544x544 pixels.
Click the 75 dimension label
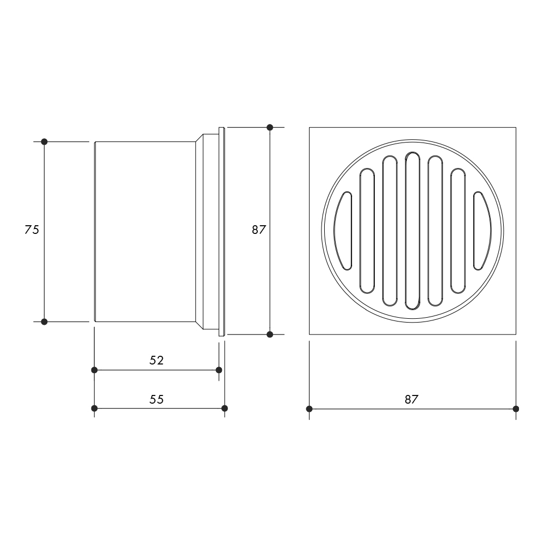(x=32, y=230)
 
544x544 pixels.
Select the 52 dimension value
(x=157, y=361)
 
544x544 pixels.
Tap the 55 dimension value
(x=157, y=399)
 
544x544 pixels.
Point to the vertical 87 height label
(x=259, y=230)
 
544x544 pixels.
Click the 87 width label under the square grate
(x=411, y=400)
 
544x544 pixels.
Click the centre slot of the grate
(x=412, y=231)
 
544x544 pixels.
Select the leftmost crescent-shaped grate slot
(x=343, y=231)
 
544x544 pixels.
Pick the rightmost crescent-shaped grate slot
(x=483, y=231)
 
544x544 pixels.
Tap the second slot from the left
(x=367, y=231)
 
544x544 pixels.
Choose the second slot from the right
(x=458, y=231)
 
